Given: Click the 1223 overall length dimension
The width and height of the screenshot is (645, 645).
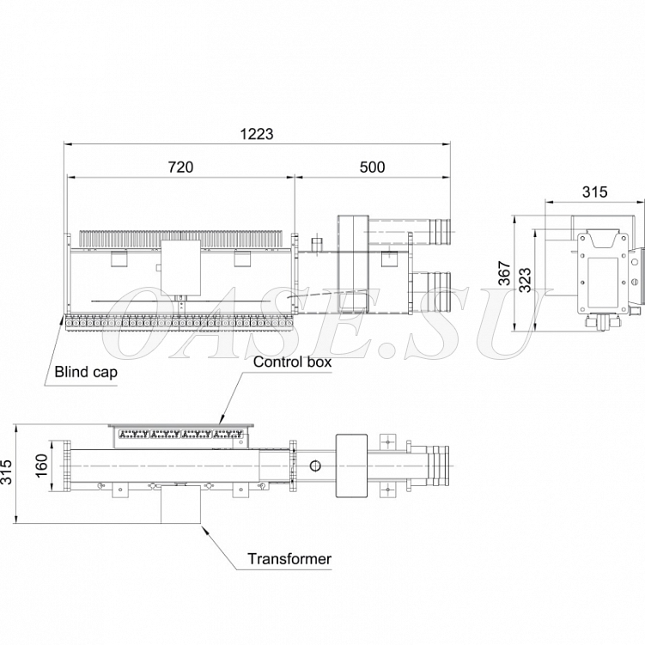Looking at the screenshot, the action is click(257, 134).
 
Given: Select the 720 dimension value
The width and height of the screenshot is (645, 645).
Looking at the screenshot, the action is click(180, 167).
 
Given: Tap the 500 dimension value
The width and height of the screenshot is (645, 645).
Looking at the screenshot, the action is click(372, 167).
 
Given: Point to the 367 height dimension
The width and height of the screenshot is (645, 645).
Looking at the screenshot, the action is click(504, 273).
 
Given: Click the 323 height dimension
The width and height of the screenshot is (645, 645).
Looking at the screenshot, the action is click(525, 280).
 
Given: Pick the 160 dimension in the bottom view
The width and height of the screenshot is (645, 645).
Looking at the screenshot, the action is click(42, 465).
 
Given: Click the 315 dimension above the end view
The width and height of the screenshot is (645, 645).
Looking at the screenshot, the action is click(595, 192).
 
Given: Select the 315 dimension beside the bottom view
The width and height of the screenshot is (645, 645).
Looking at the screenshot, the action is click(7, 472).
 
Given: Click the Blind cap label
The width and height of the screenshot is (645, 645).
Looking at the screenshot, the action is click(86, 372).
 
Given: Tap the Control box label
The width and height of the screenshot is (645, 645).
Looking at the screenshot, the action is click(292, 362).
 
